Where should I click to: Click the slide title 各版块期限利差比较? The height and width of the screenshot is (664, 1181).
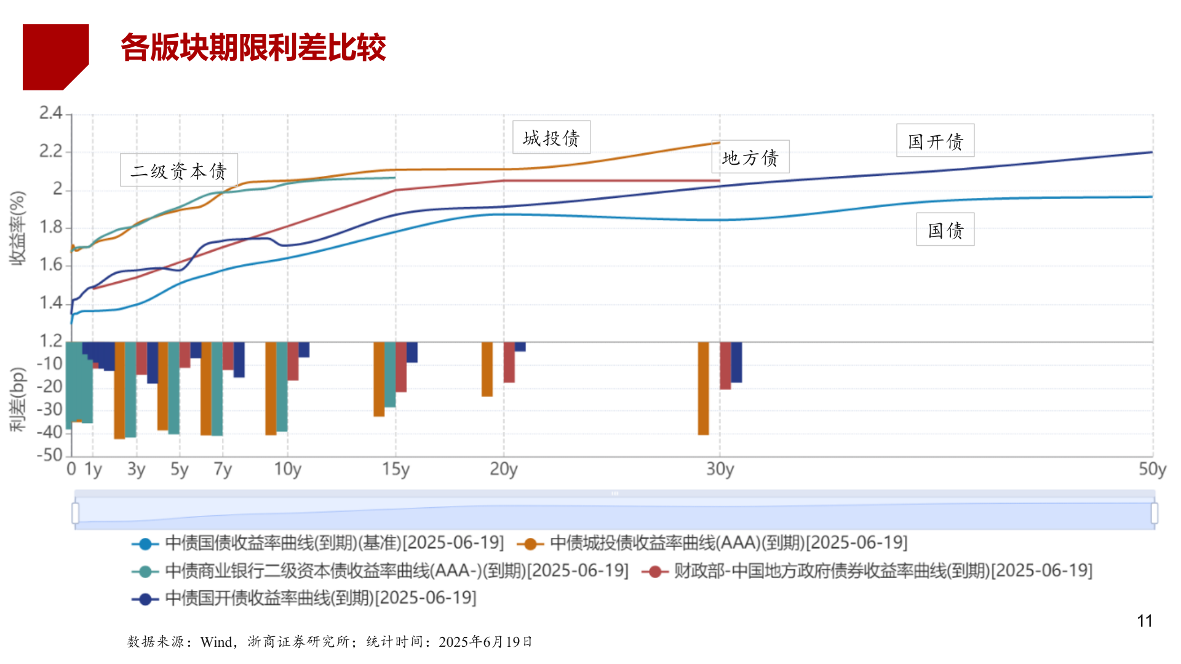point(253,47)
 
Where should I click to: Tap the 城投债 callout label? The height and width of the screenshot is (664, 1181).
point(551,138)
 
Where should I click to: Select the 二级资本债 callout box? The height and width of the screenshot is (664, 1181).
point(178,170)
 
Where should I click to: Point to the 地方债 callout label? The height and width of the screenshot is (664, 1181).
point(750,157)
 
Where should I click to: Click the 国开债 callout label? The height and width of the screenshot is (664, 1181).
point(935,141)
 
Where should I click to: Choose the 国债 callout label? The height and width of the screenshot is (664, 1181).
point(945,230)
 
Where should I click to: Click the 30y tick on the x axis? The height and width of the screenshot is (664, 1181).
point(720,469)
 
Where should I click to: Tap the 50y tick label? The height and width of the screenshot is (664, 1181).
point(1151,469)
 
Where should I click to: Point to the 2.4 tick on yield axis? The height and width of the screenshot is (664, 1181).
point(51,113)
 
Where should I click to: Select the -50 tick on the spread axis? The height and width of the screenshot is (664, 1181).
point(50,455)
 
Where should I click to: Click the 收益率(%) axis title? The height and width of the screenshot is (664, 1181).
point(17,228)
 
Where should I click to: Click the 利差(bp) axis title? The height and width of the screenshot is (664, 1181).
point(17,400)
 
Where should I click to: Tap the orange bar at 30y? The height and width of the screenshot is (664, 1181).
point(703,389)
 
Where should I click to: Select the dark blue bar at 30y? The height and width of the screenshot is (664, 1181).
point(736,363)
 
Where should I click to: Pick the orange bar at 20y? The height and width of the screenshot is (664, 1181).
point(487,369)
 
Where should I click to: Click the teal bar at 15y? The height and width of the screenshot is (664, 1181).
point(390,375)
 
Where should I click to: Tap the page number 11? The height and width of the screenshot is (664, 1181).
point(1144,621)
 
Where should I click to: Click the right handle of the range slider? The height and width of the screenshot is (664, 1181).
point(1154,513)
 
